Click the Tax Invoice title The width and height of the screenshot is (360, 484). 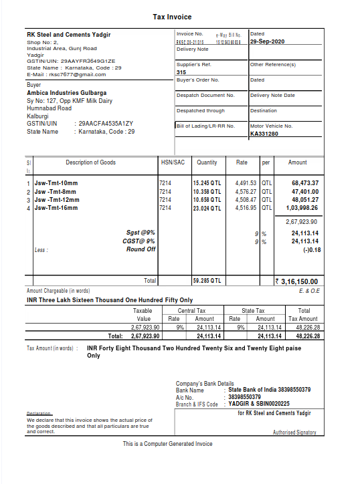click(172, 17)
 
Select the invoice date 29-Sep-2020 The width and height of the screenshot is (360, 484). click(267, 41)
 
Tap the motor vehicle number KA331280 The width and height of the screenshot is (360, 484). click(264, 134)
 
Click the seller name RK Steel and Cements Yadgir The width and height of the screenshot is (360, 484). click(69, 34)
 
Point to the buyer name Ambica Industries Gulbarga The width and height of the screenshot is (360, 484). click(68, 93)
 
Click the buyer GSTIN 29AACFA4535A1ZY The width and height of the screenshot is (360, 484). click(106, 124)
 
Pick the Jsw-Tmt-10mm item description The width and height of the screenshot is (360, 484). click(56, 183)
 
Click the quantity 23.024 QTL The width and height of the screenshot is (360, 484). click(206, 208)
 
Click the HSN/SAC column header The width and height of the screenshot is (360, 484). click(173, 162)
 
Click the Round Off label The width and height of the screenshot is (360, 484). click(141, 249)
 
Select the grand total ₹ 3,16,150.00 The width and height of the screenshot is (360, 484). click(297, 281)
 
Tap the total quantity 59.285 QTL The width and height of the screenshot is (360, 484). click(206, 281)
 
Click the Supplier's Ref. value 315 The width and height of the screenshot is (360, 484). click(181, 72)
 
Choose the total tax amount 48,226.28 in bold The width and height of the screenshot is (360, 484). click(308, 336)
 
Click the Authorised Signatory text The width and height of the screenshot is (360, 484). click(294, 433)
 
